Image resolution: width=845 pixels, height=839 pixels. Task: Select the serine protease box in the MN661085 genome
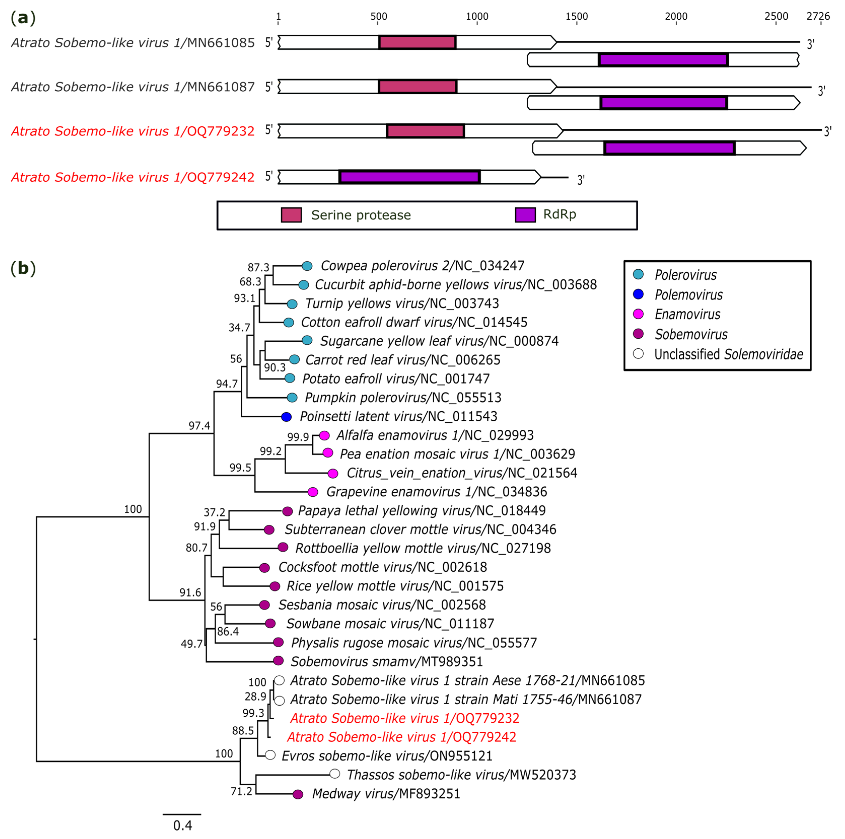click(x=417, y=43)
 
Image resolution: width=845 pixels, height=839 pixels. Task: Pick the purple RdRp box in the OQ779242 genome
click(x=409, y=177)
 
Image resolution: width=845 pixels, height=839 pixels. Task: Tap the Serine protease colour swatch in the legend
click(x=291, y=215)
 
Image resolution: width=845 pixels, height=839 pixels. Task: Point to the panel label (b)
click(x=23, y=268)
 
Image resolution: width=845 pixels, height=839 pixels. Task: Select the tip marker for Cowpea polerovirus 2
click(x=307, y=266)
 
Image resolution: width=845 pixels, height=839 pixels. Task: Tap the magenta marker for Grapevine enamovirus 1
click(x=313, y=492)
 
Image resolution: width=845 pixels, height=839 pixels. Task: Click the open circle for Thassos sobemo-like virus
click(x=335, y=774)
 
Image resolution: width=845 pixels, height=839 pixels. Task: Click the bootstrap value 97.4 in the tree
click(x=199, y=426)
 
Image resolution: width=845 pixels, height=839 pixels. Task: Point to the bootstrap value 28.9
click(x=255, y=696)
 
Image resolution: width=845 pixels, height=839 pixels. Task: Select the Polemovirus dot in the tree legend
click(x=638, y=295)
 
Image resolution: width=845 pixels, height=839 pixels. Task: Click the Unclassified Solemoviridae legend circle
click(x=638, y=353)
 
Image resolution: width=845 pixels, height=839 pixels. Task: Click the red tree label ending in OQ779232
click(x=405, y=718)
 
